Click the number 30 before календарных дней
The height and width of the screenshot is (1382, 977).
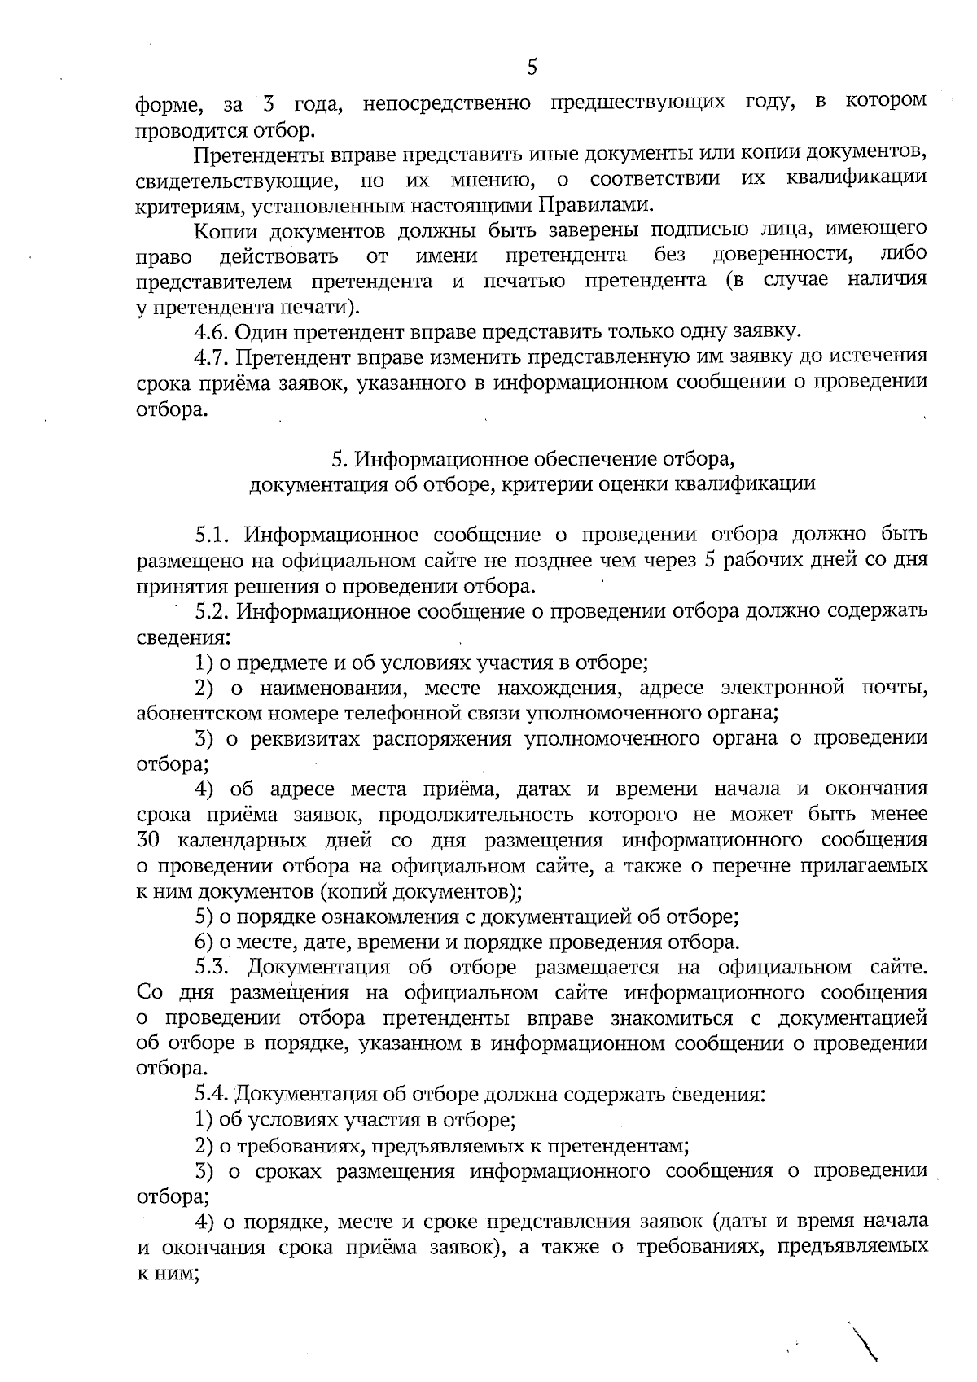click(x=150, y=840)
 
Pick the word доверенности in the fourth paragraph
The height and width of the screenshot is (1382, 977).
click(x=783, y=256)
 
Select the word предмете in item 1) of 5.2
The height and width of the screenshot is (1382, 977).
click(x=280, y=663)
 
